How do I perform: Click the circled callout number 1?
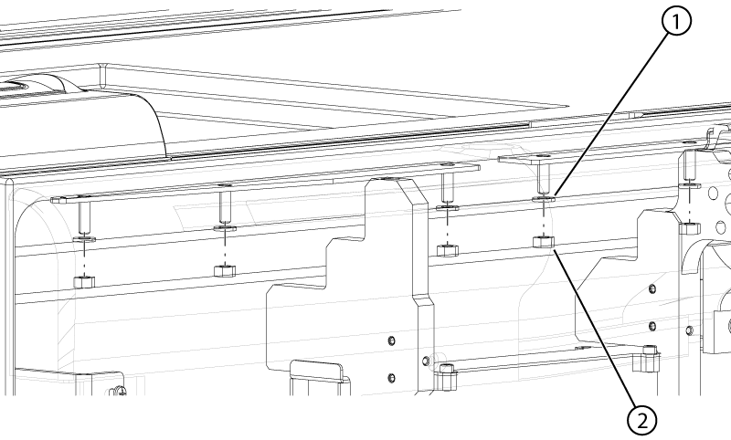click(676, 22)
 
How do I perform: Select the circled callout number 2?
click(642, 421)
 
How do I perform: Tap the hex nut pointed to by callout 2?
click(543, 242)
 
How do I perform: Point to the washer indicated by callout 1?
click(544, 199)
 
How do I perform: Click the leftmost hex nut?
click(84, 281)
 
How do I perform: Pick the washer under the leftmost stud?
click(84, 239)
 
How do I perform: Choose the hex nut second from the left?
click(224, 270)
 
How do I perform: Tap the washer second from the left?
click(225, 228)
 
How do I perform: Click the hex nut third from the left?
click(448, 250)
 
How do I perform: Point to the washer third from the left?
click(448, 206)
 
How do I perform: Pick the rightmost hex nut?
click(690, 228)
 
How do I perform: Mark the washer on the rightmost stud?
click(690, 186)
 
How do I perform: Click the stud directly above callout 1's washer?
click(544, 179)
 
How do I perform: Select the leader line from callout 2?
click(594, 330)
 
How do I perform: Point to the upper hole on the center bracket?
click(392, 341)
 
